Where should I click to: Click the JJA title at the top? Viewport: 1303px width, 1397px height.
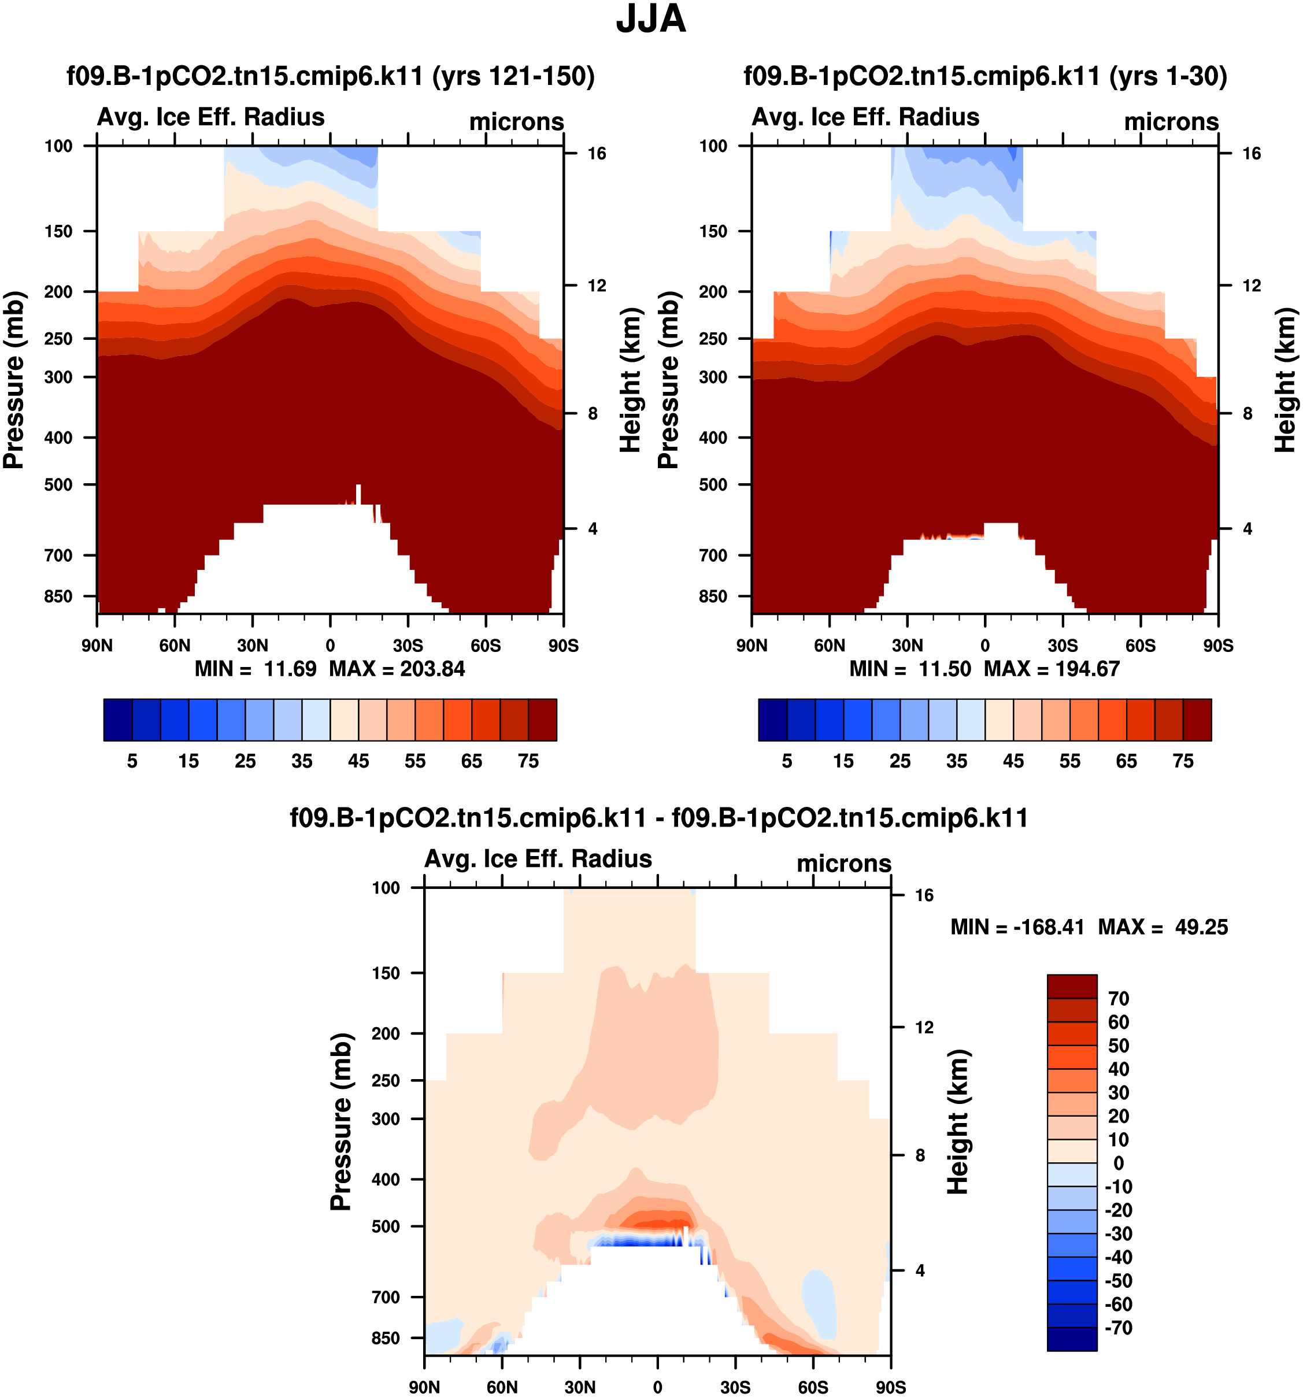tap(651, 20)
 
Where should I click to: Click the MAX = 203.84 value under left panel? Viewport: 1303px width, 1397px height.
tap(397, 668)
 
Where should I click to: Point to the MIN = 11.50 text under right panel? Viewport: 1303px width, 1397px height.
tap(909, 668)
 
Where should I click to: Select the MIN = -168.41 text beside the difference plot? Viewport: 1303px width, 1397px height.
tap(1017, 927)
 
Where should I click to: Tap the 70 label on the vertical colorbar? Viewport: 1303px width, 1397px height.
tap(1118, 999)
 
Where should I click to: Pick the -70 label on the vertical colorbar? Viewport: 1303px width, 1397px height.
tap(1118, 1328)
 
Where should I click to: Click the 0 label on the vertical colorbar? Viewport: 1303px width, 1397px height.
tap(1118, 1163)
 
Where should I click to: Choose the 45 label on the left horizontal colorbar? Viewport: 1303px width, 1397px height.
tap(358, 761)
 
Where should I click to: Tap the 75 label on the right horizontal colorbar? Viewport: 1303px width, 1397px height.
tap(1183, 761)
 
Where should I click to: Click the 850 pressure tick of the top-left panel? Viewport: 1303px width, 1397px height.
tap(58, 596)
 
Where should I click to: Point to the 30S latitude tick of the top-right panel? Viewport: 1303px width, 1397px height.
tap(1063, 646)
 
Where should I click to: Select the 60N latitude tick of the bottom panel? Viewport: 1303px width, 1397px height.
tap(502, 1387)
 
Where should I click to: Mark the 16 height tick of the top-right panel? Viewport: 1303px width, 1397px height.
tap(1251, 154)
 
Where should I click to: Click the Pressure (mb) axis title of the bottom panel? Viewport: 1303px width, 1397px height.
tap(341, 1122)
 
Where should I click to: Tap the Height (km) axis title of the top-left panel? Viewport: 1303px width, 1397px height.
tap(631, 380)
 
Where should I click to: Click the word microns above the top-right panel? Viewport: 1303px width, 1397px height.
tap(1171, 121)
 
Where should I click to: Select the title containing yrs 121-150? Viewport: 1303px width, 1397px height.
tap(330, 76)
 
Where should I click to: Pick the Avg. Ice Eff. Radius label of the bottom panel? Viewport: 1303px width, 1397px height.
tap(538, 859)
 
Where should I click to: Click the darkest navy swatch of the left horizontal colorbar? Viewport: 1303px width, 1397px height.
tap(117, 720)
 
